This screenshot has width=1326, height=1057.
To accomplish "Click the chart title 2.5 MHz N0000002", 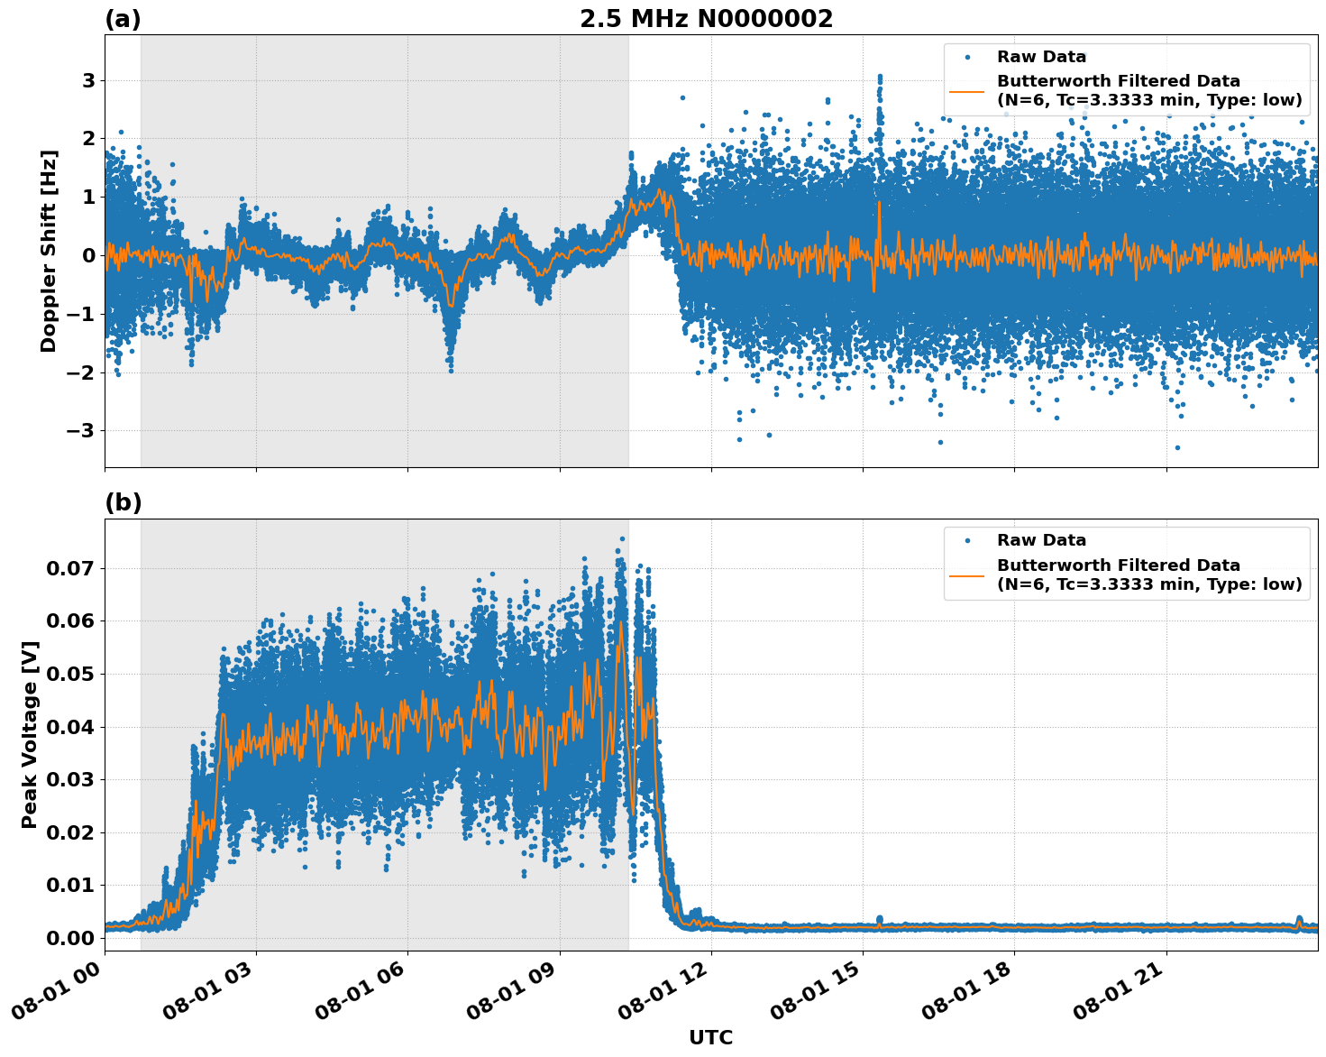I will [x=706, y=19].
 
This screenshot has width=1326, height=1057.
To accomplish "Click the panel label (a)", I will [x=123, y=19].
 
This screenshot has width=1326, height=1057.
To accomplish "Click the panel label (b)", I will [x=123, y=502].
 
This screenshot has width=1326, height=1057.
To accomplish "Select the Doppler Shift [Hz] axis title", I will [x=49, y=251].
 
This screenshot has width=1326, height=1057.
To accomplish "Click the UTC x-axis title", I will [x=710, y=1038].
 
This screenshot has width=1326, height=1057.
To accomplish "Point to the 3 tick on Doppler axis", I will [x=88, y=81].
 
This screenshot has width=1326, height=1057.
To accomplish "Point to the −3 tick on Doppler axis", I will [x=80, y=431].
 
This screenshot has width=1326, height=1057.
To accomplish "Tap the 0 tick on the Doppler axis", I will [x=88, y=256].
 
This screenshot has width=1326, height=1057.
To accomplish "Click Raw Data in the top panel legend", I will [x=1041, y=58].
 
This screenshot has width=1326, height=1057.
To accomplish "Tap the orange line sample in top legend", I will [x=967, y=91].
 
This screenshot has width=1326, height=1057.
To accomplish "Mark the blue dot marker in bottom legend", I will [x=967, y=541].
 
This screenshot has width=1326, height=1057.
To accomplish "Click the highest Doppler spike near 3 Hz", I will [x=879, y=78].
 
